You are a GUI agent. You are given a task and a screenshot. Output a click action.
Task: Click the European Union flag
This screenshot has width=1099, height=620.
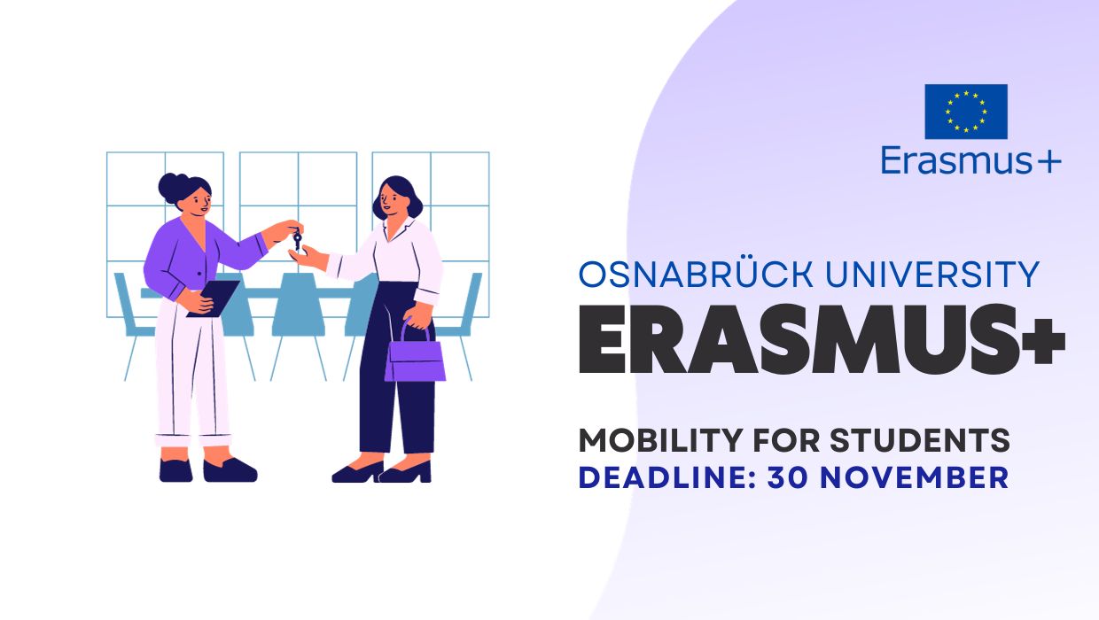click(x=966, y=112)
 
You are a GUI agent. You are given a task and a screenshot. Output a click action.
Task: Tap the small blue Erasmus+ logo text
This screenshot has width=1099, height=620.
click(x=971, y=161)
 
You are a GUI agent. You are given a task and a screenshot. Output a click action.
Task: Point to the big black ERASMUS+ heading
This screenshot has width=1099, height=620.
click(x=822, y=338)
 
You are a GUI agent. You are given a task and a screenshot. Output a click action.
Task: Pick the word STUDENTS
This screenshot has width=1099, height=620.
click(x=920, y=440)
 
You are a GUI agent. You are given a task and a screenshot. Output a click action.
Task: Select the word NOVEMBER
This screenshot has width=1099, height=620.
click(x=915, y=478)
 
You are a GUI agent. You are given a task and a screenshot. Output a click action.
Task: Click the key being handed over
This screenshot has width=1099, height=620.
click(x=297, y=239)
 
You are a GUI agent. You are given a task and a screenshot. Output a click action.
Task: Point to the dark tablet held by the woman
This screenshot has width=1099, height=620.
click(x=214, y=298)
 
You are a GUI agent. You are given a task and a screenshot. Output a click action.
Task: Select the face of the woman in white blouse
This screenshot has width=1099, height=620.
click(x=392, y=198)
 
